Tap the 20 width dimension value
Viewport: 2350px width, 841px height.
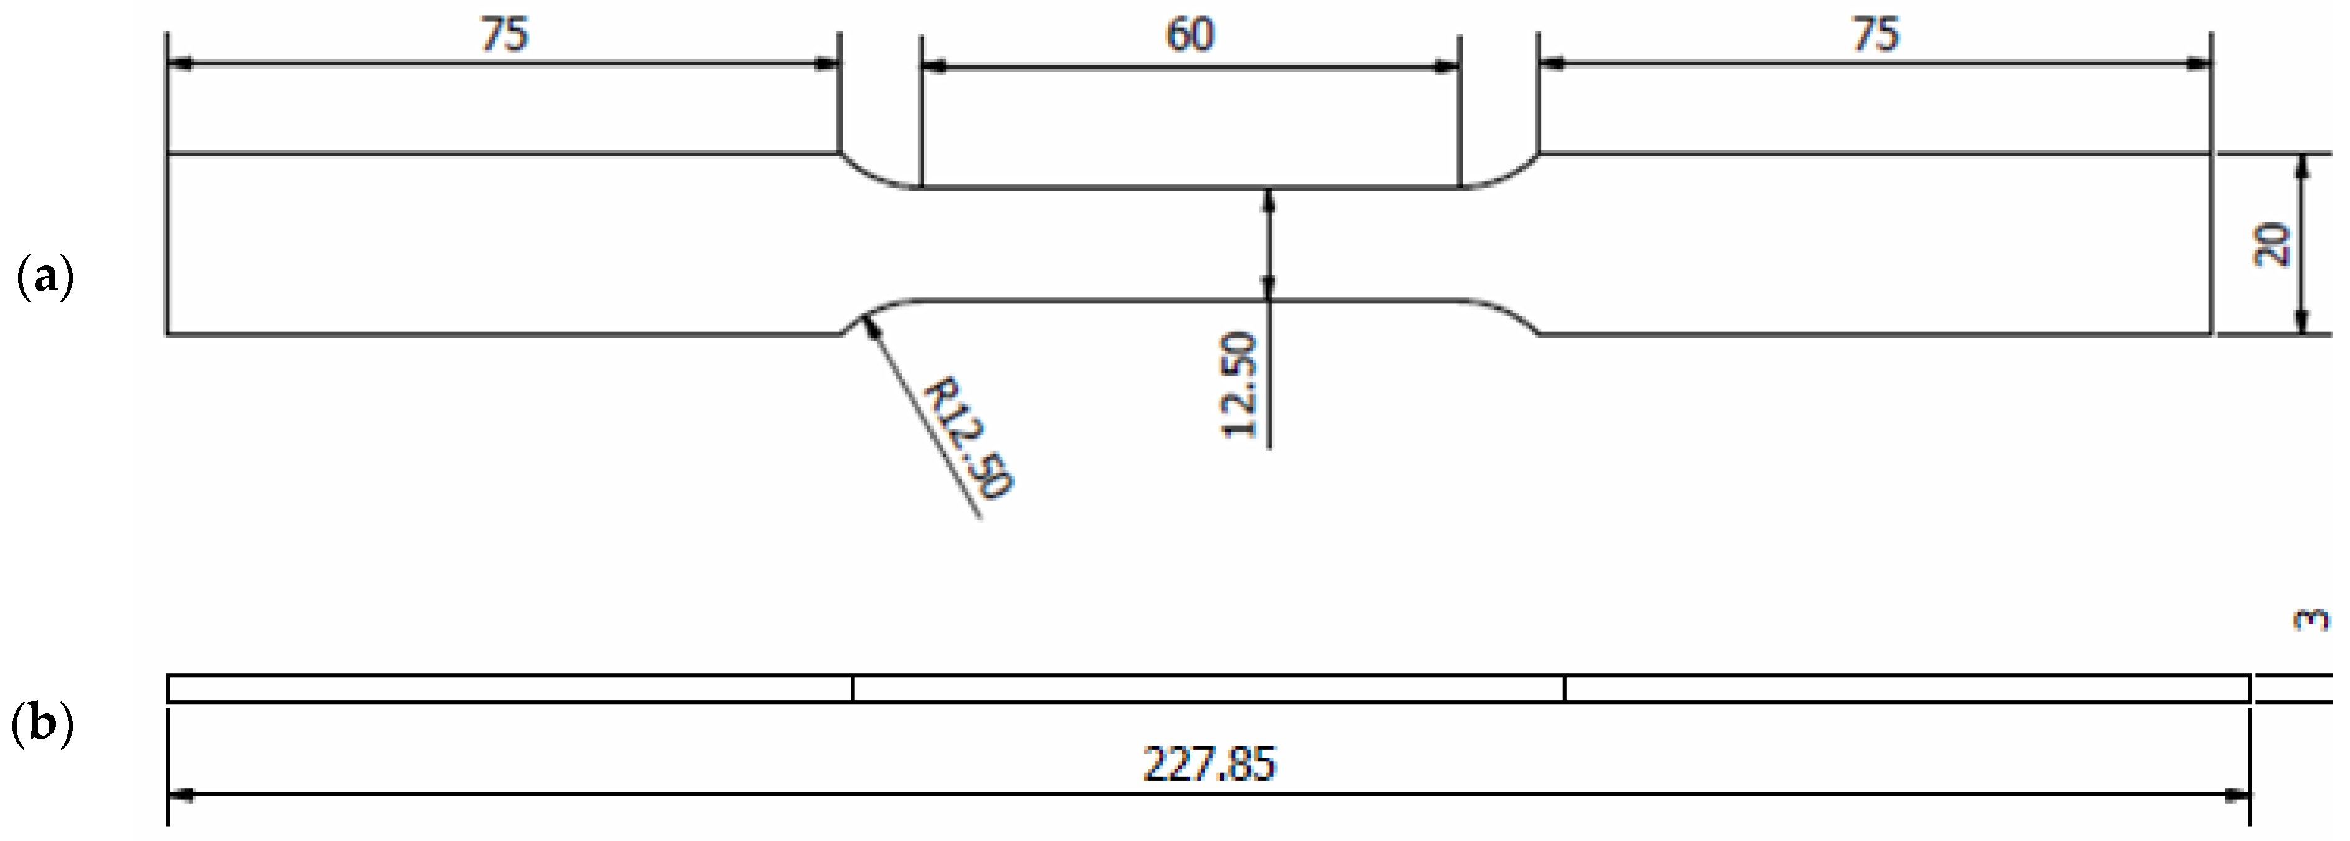coord(2271,244)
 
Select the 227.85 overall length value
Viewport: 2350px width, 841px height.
coord(1210,764)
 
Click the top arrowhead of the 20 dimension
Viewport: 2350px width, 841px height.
coord(2301,166)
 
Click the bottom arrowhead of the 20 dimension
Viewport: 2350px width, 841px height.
coord(2301,323)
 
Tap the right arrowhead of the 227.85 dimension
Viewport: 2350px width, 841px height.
coord(2237,796)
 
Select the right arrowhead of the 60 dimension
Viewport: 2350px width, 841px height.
coord(1446,65)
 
